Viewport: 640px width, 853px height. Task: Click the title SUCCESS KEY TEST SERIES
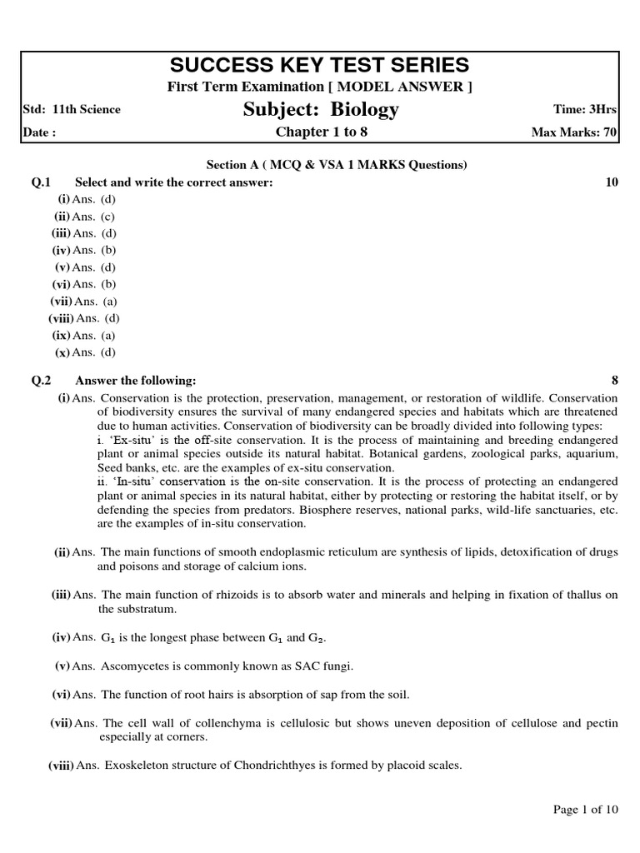[x=320, y=66]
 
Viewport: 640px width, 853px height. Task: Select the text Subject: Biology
[x=321, y=109]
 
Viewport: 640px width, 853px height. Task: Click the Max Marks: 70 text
[x=574, y=132]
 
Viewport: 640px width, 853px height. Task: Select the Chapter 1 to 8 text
[x=321, y=132]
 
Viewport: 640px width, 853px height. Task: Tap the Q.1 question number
[x=42, y=182]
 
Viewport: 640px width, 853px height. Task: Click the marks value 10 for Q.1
[x=612, y=182]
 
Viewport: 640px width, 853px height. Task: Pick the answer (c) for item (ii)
[x=108, y=217]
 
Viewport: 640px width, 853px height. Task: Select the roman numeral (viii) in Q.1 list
[x=61, y=318]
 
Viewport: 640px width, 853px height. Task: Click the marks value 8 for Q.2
[x=615, y=381]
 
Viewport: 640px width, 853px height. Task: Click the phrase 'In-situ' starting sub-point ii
[x=133, y=482]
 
